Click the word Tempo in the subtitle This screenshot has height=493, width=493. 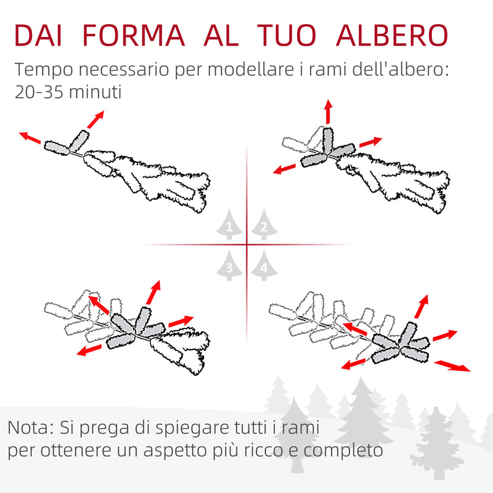(x=41, y=69)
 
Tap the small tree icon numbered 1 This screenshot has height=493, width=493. (x=229, y=227)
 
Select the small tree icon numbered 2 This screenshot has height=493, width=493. (x=264, y=227)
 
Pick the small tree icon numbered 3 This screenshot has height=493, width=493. (x=229, y=266)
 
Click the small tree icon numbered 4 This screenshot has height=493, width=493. (x=264, y=266)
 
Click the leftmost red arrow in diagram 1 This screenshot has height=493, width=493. (x=30, y=137)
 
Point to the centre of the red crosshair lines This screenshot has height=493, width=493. (x=246, y=245)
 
